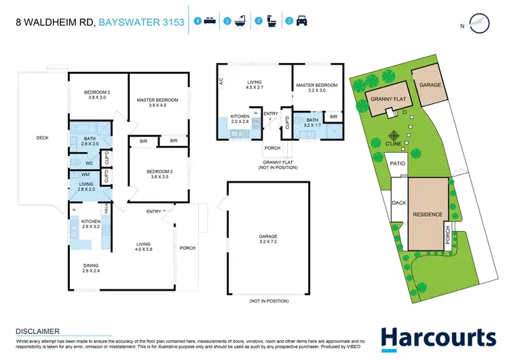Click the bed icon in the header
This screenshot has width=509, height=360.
point(210,22)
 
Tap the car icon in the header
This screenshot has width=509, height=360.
point(301,22)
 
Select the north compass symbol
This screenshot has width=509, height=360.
point(480,24)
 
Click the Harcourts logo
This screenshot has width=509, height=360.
point(438,338)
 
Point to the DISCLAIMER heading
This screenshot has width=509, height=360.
point(38,331)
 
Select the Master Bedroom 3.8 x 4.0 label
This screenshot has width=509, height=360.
point(157,103)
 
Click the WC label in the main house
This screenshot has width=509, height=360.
point(89,163)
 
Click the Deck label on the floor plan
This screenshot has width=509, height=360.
point(42,138)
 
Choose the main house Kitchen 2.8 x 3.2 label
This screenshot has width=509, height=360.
point(91,224)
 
